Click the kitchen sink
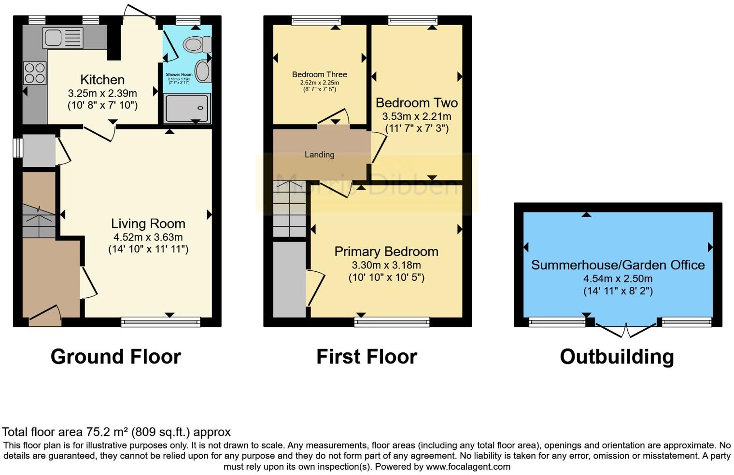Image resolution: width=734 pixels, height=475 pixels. click(x=63, y=38)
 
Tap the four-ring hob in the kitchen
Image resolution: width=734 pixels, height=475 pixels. click(x=35, y=73)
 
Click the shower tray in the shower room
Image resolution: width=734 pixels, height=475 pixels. click(x=187, y=108)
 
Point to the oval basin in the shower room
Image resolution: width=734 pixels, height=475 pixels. click(x=203, y=71)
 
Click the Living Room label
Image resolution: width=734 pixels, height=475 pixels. click(x=148, y=224)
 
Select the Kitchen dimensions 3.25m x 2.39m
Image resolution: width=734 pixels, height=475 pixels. click(x=102, y=93)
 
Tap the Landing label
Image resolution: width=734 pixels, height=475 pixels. click(x=319, y=154)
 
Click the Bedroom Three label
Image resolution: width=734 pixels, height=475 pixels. click(x=319, y=74)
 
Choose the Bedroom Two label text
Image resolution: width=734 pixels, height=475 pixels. click(x=416, y=103)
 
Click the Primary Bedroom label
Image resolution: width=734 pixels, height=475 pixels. click(x=386, y=251)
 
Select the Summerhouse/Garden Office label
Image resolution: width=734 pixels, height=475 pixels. click(x=618, y=265)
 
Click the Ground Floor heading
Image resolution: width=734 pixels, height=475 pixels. click(x=116, y=357)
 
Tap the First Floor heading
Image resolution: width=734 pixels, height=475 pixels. click(x=367, y=357)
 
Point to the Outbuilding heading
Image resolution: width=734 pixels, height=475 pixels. click(x=617, y=357)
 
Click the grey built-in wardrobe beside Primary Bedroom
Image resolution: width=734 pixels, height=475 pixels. click(x=289, y=279)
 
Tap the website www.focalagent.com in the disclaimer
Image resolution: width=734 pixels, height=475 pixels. click(x=468, y=467)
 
